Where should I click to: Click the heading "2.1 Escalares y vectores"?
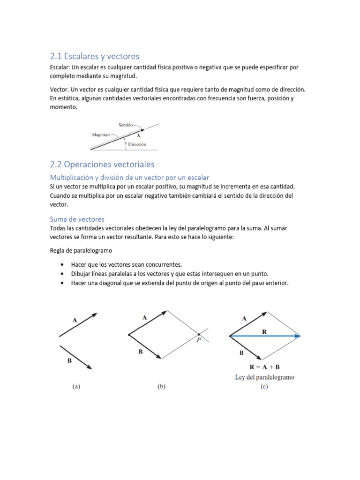(94, 56)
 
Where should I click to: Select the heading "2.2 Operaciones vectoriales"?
(102, 165)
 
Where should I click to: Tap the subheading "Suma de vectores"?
(77, 219)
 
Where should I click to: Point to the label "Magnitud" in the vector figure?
(101, 134)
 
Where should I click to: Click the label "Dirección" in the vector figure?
(137, 144)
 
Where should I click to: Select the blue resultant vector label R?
(264, 331)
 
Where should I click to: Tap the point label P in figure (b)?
(199, 341)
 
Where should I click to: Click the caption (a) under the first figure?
(76, 387)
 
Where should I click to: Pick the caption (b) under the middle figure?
(161, 387)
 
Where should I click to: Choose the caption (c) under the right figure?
(264, 387)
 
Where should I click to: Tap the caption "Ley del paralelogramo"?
(264, 377)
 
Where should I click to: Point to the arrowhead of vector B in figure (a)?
(89, 367)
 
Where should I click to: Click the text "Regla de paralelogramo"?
(81, 251)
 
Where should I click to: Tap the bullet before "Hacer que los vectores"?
(62, 265)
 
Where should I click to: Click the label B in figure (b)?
(140, 352)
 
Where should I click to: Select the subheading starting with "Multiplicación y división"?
(129, 177)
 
